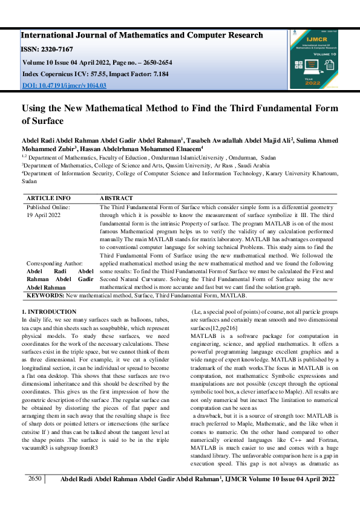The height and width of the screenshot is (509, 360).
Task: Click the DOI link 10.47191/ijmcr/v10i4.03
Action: pos(64,85)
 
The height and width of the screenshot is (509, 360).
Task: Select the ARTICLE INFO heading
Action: pos(48,198)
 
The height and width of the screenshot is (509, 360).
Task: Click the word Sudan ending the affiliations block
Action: pos(29,180)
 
